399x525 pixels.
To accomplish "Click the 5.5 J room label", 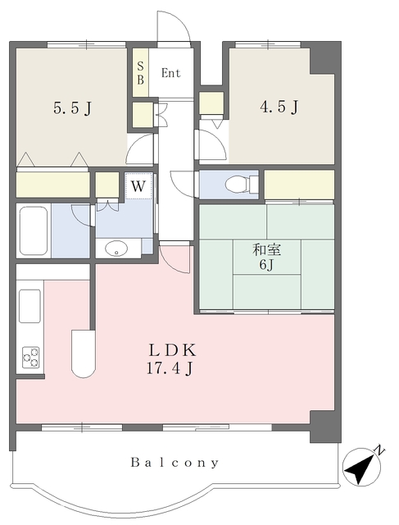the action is click(x=72, y=107).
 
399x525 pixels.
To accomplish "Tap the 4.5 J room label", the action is click(x=279, y=107).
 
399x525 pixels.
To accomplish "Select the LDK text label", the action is click(x=172, y=350).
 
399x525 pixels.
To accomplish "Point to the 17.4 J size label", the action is click(x=170, y=368).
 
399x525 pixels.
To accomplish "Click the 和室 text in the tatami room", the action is click(x=266, y=249).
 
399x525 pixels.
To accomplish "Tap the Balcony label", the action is click(x=175, y=463).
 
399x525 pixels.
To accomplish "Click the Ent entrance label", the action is click(x=170, y=73).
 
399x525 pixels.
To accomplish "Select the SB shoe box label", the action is click(x=140, y=73).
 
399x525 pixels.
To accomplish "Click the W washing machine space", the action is click(x=138, y=186).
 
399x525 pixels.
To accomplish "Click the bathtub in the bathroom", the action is click(x=33, y=231).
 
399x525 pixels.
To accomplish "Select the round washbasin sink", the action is click(x=116, y=249).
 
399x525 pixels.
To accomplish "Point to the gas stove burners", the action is click(x=30, y=358).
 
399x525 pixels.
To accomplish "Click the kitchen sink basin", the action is click(x=29, y=306).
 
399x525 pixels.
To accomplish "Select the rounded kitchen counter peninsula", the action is click(x=84, y=354).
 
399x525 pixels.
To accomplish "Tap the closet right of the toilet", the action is click(x=299, y=185).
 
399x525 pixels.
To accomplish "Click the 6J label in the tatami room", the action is click(x=266, y=265).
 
